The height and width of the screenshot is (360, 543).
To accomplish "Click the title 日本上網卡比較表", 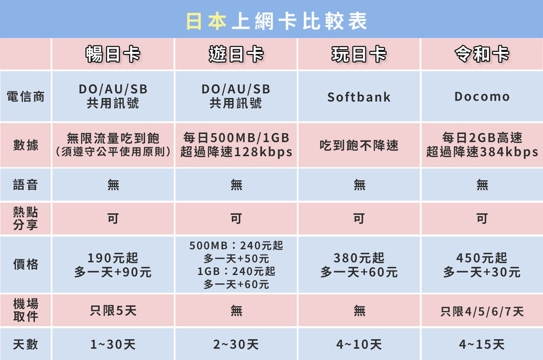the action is [x=276, y=21].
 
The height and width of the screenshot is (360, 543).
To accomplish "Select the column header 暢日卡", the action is [x=113, y=54].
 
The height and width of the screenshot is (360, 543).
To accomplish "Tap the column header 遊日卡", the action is [x=236, y=54].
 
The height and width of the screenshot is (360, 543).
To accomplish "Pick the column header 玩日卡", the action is [x=359, y=54].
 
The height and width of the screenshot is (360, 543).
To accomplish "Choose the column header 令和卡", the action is [x=481, y=54].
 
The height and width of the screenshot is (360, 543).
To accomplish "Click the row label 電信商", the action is [x=25, y=96].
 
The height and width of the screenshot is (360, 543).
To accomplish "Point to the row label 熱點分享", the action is [x=25, y=218].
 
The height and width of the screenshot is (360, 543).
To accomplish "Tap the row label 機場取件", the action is [x=25, y=310].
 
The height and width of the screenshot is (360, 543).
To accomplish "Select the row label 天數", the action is [x=25, y=344].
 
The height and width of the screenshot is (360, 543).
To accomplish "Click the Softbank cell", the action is [x=359, y=97].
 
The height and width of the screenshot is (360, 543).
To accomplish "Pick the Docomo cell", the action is [x=481, y=96].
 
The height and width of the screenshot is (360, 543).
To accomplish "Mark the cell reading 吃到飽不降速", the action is [x=359, y=145].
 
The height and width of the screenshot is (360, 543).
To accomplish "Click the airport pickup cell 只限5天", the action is [x=113, y=311].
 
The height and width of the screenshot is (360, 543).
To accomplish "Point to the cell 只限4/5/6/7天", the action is [x=481, y=311].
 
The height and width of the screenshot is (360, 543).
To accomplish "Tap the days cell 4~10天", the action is [x=359, y=345].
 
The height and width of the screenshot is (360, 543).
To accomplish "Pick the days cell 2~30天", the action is [x=236, y=345].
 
